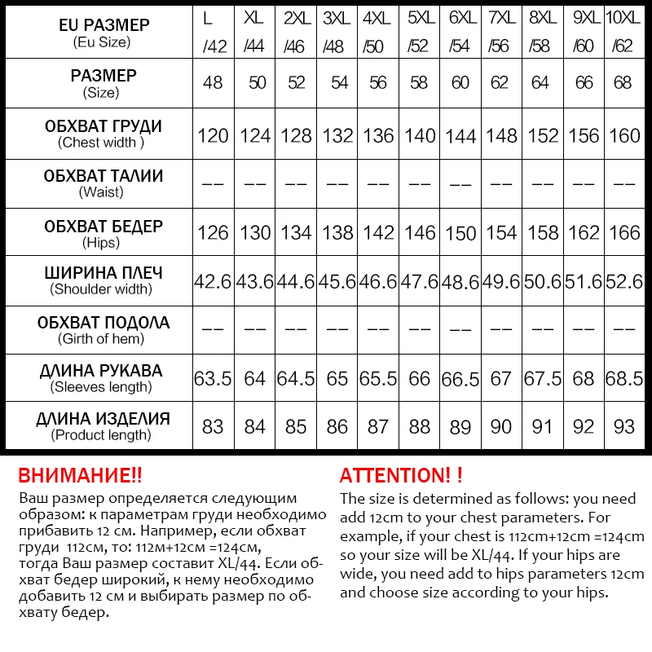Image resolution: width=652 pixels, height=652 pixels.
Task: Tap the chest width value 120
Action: tap(213, 135)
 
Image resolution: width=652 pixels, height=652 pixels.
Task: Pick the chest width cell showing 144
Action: tap(460, 135)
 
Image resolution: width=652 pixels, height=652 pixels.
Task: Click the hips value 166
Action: tap(624, 233)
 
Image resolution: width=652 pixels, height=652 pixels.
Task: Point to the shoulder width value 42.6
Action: tap(213, 282)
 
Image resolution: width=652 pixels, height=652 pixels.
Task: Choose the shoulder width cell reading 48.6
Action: tap(460, 282)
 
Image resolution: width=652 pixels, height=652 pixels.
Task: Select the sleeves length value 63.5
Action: tap(213, 379)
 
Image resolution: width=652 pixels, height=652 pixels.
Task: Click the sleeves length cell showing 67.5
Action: tap(542, 379)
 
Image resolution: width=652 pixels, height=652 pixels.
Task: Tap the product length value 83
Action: tap(213, 427)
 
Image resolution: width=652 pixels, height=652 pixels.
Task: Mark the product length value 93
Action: tap(624, 427)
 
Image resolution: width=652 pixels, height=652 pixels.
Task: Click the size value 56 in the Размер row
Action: tap(378, 83)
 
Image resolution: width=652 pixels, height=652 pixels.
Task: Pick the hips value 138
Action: tap(337, 233)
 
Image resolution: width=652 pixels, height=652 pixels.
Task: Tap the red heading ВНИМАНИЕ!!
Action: tap(80, 476)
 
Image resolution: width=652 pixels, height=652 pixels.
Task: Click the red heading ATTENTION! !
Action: tap(401, 476)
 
